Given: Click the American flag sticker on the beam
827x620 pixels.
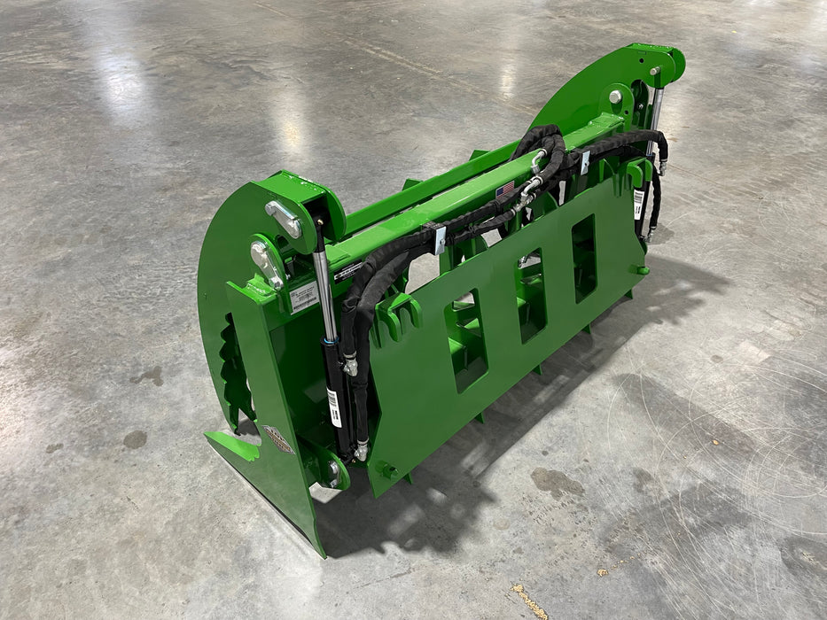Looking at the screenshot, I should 505,189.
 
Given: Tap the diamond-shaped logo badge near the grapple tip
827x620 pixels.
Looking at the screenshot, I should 277,439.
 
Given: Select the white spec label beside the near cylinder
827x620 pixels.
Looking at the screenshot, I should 303,298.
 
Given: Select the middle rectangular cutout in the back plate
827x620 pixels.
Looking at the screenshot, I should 532,297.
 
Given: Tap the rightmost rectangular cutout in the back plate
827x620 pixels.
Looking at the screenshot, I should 584,257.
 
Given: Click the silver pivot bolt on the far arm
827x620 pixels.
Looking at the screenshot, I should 615,97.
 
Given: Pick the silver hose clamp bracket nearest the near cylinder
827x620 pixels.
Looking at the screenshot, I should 438,239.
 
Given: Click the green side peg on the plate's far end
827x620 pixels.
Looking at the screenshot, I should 640,269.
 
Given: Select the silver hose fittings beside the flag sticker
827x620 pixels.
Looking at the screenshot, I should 530,186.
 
